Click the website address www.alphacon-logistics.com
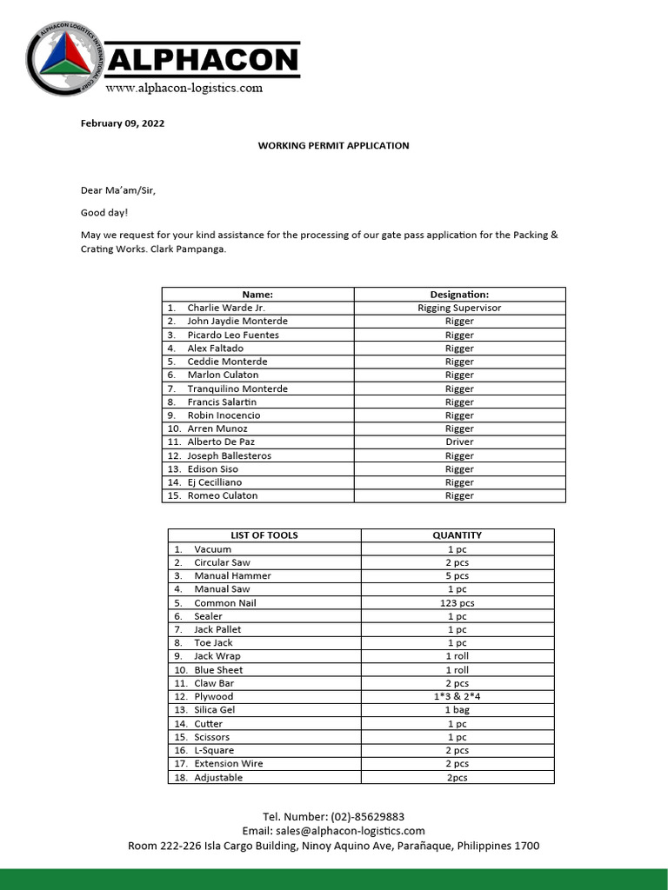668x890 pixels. pyautogui.click(x=184, y=88)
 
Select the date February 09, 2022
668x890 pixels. pyautogui.click(x=122, y=123)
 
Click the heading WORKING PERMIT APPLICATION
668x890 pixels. pyautogui.click(x=333, y=146)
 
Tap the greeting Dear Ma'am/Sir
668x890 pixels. pyautogui.click(x=118, y=190)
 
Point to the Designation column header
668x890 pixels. pyautogui.click(x=459, y=295)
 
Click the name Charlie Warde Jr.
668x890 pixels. pyautogui.click(x=225, y=308)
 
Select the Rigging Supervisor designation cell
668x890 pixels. pyautogui.click(x=459, y=308)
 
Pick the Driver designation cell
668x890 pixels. pyautogui.click(x=459, y=442)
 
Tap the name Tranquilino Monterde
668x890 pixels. pyautogui.click(x=237, y=389)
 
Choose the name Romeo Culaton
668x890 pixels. pyautogui.click(x=222, y=495)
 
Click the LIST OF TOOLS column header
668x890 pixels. pyautogui.click(x=264, y=535)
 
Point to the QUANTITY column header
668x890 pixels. pyautogui.click(x=457, y=535)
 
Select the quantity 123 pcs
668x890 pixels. pyautogui.click(x=457, y=603)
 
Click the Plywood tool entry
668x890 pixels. pyautogui.click(x=213, y=696)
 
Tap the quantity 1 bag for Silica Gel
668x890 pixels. pyautogui.click(x=457, y=710)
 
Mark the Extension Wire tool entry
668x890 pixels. pyautogui.click(x=228, y=764)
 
